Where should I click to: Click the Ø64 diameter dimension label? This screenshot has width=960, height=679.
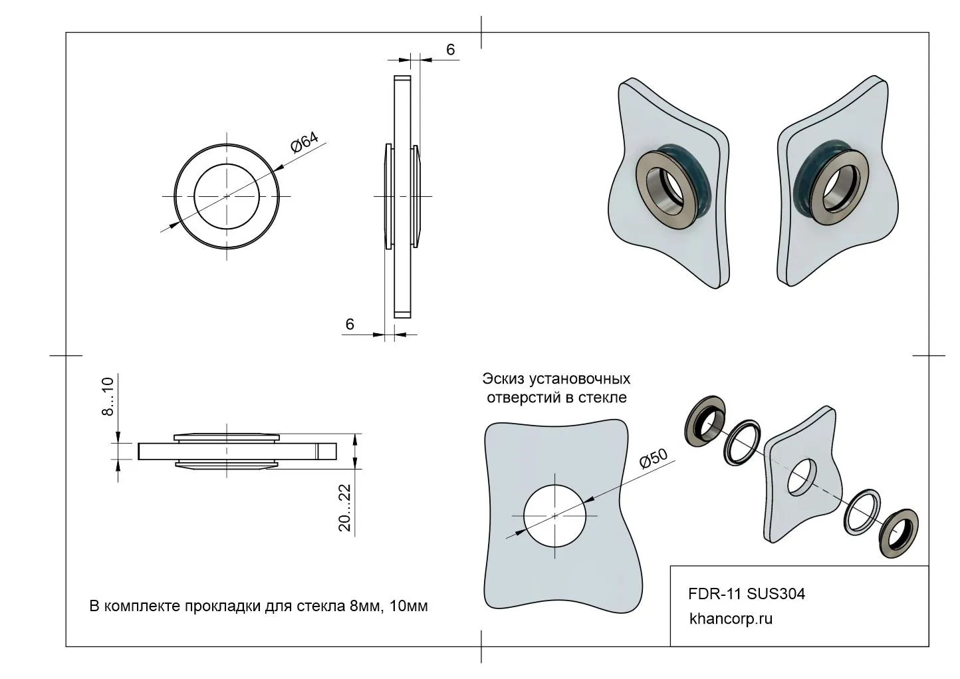[x=304, y=144]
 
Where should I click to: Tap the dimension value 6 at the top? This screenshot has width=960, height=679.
[x=450, y=50]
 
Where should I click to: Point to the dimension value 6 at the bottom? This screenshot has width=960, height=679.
[x=350, y=324]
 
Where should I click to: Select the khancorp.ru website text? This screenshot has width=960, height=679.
[x=731, y=618]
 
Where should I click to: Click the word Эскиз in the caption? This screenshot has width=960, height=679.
[x=503, y=379]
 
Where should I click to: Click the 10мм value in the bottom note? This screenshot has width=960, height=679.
[x=410, y=607]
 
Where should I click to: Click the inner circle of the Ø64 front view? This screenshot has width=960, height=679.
[x=227, y=196]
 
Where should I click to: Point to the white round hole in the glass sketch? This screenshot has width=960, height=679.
[x=555, y=515]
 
